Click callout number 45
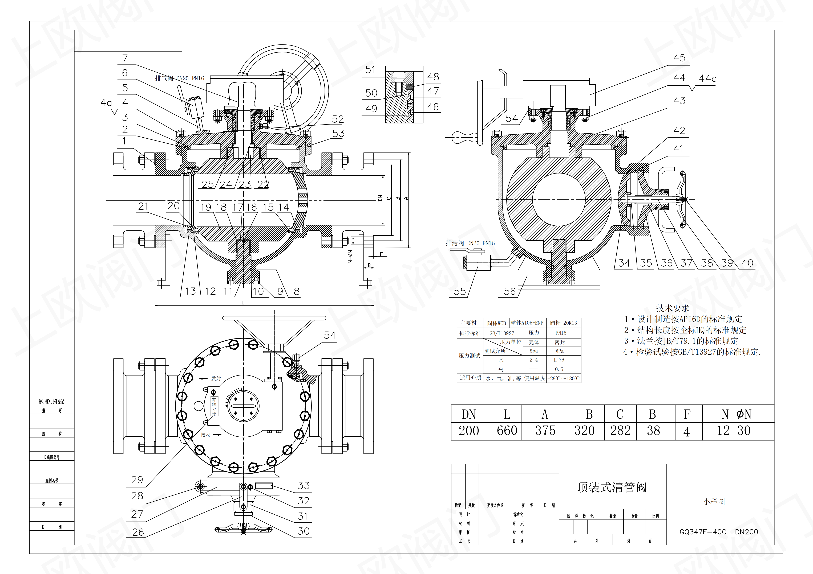point(679,58)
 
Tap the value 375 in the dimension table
point(545,431)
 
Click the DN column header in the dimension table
point(469,414)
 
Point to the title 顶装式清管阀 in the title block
point(612,487)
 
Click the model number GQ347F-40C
point(703,532)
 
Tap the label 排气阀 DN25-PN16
point(180,78)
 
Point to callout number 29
point(137,480)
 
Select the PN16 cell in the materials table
point(561,333)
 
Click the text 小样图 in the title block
point(714,502)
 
